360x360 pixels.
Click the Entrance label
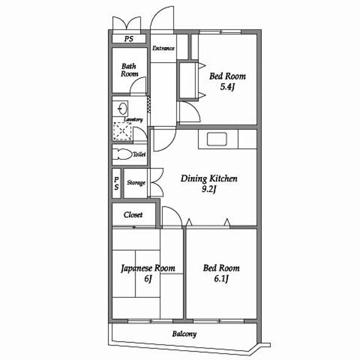(x=164, y=48)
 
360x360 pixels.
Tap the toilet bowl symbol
(x=123, y=154)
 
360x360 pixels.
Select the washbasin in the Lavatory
(x=123, y=109)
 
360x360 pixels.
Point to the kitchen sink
(x=217, y=139)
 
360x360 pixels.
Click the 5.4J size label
(x=227, y=87)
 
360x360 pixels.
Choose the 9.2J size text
(x=209, y=189)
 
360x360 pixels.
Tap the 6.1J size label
(x=221, y=279)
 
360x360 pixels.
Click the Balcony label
(x=184, y=334)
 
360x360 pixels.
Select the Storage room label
(x=136, y=183)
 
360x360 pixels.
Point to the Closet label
(x=133, y=215)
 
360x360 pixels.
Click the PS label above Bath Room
(x=129, y=38)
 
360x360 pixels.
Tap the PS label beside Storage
(x=117, y=184)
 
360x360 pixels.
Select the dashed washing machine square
(x=123, y=131)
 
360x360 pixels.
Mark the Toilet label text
(x=139, y=154)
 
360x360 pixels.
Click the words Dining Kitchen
(x=209, y=179)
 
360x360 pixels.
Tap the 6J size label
(x=148, y=279)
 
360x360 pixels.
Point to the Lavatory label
(x=133, y=120)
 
